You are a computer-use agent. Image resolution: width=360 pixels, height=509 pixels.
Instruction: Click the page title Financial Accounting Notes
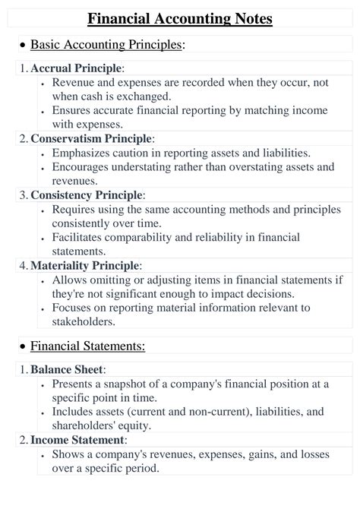(x=180, y=18)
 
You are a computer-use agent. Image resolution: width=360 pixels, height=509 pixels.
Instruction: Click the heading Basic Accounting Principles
(x=106, y=45)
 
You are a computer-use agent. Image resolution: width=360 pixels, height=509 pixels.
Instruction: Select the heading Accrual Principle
(x=76, y=68)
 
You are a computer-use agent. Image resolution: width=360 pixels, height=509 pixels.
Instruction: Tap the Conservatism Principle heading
(x=91, y=138)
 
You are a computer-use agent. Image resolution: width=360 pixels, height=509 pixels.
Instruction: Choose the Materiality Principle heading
(x=85, y=265)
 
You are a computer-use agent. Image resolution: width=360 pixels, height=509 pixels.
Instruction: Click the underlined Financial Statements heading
(x=87, y=346)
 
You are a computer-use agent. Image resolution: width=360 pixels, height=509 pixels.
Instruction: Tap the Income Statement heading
(x=77, y=440)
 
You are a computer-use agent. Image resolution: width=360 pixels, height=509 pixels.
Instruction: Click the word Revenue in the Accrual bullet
(x=74, y=83)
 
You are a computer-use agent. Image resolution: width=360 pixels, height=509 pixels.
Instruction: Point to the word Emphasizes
(x=81, y=153)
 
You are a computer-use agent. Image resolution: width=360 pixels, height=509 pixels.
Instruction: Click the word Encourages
(x=81, y=167)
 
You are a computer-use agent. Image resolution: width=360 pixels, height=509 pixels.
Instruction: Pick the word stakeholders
(x=84, y=321)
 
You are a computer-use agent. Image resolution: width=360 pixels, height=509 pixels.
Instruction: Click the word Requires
(x=74, y=209)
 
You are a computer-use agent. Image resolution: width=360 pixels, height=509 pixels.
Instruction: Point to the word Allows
(x=70, y=280)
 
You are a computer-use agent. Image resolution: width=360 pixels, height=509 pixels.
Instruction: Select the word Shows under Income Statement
(x=69, y=454)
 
